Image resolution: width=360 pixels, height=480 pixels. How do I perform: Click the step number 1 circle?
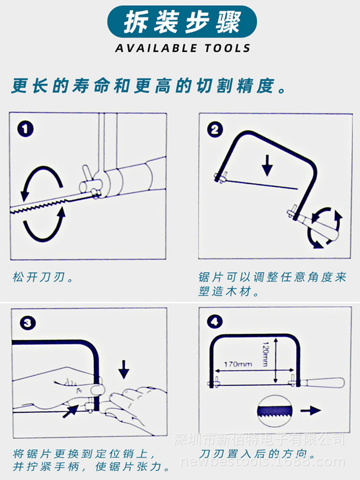[x=25, y=129]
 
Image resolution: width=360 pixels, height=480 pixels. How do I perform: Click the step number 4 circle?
[x=214, y=321]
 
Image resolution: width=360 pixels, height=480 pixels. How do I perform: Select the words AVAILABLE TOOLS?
[x=182, y=48]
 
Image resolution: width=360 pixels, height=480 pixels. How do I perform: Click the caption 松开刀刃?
[x=42, y=278]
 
